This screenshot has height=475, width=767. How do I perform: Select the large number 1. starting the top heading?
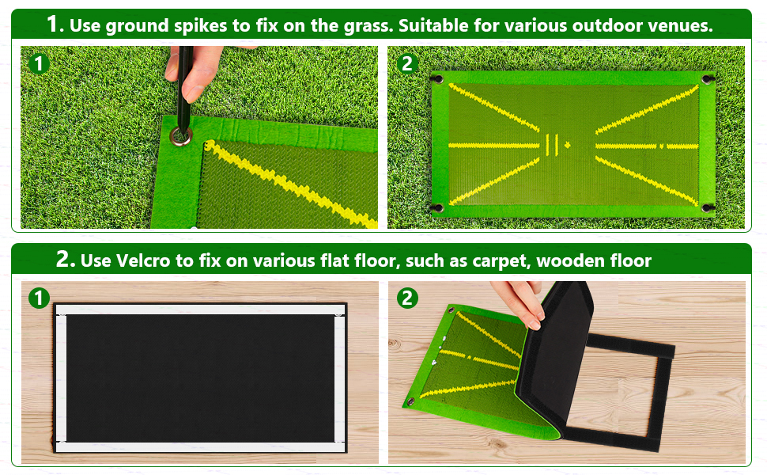click(55, 24)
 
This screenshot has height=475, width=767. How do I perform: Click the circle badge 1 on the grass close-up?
click(40, 63)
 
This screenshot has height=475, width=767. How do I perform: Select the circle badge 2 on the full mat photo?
click(407, 63)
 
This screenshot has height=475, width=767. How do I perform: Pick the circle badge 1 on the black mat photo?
click(39, 298)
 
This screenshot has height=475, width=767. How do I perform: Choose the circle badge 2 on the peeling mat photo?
click(407, 298)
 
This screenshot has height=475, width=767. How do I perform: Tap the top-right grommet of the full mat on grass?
click(705, 79)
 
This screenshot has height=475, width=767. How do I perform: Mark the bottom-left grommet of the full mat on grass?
click(436, 208)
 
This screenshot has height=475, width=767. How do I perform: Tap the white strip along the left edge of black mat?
click(60, 378)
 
